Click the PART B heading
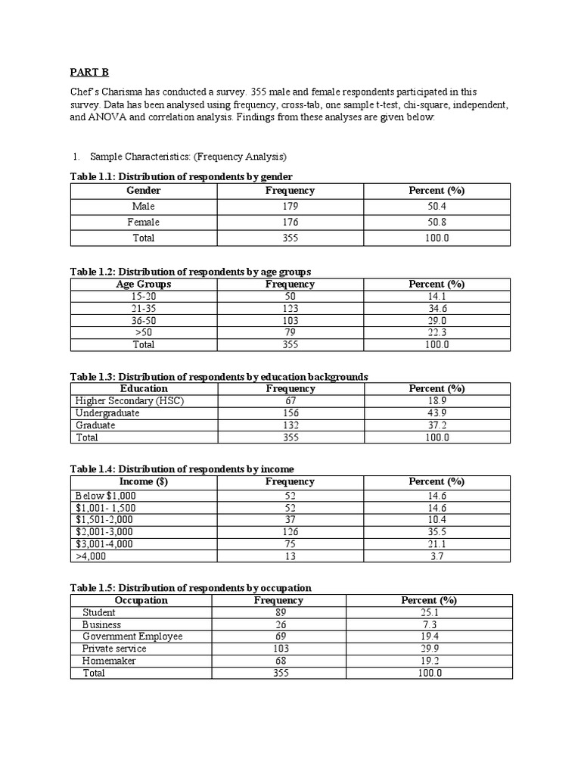[x=89, y=72]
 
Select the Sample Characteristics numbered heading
[x=188, y=157]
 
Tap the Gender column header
[x=144, y=191]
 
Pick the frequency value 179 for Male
[x=290, y=207]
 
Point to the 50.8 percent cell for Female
[x=437, y=223]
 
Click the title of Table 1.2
[x=191, y=271]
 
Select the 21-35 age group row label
[x=144, y=309]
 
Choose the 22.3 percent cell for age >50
[x=437, y=332]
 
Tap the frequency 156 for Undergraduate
[x=290, y=413]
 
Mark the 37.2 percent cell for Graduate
[x=437, y=425]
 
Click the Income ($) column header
[x=144, y=481]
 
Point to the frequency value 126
[x=290, y=532]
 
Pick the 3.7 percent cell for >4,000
[x=437, y=556]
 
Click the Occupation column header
[x=141, y=600]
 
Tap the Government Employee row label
[x=132, y=636]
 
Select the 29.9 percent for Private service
[x=429, y=649]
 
